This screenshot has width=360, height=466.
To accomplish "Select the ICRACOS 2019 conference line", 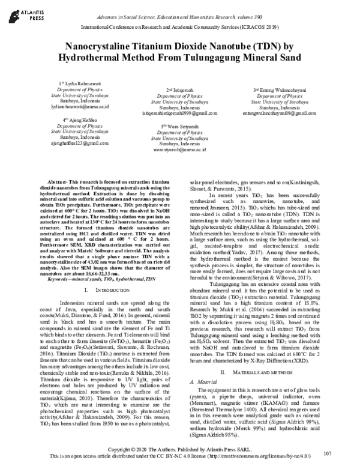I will click(x=179, y=28).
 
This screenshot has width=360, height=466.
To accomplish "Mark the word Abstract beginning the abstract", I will click(x=58, y=181).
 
